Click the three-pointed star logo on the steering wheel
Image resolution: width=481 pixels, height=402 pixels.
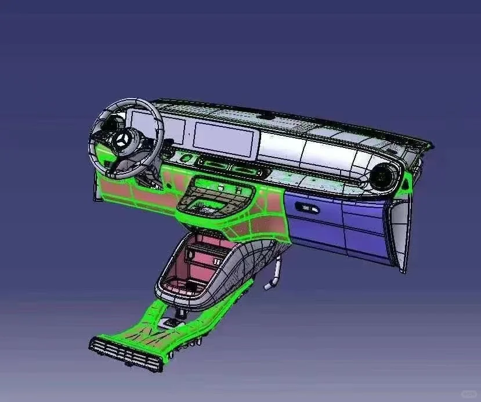(x=123, y=140)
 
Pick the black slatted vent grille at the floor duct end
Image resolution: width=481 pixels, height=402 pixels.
(x=124, y=354)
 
